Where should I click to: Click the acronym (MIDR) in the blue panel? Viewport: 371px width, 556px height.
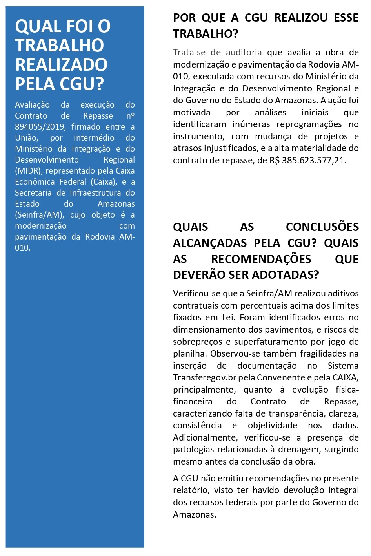[28, 171]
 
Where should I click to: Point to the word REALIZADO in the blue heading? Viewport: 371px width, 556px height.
[61, 64]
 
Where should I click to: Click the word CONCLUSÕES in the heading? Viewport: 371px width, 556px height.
[322, 227]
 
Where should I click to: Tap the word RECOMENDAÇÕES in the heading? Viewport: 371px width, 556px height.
[261, 259]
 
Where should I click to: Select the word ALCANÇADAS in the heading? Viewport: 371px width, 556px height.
[210, 243]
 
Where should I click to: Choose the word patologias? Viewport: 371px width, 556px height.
[193, 449]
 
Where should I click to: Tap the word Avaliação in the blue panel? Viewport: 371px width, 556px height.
[32, 105]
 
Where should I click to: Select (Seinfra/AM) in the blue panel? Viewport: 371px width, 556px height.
[39, 215]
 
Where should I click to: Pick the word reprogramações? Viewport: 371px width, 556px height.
[309, 124]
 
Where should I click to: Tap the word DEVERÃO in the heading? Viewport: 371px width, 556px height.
[199, 275]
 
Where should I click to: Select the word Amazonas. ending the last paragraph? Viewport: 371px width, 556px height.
[195, 514]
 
